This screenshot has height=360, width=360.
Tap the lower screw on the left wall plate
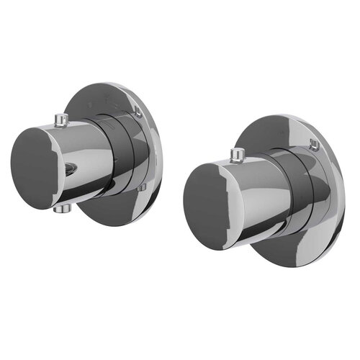tap(142, 188)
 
